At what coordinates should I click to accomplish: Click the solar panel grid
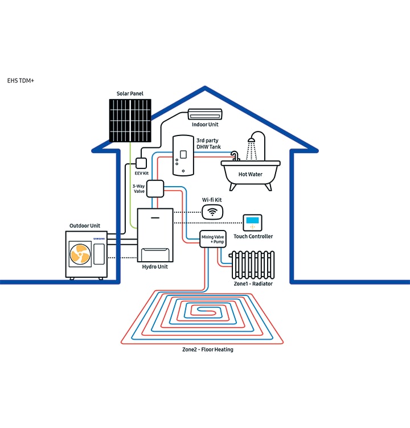pyautogui.click(x=130, y=121)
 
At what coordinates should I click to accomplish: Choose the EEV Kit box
pyautogui.click(x=141, y=163)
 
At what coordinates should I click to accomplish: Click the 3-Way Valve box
pyautogui.click(x=155, y=187)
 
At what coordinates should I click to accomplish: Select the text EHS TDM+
pyautogui.click(x=21, y=81)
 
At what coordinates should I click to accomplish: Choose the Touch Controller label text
pyautogui.click(x=253, y=236)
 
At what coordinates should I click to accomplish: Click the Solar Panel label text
pyautogui.click(x=130, y=93)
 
